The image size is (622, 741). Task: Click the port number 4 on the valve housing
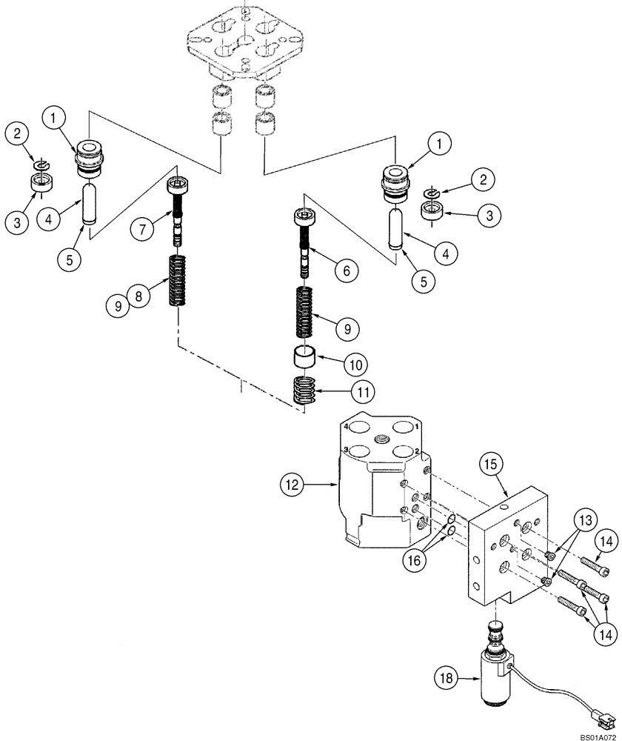click(x=347, y=425)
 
